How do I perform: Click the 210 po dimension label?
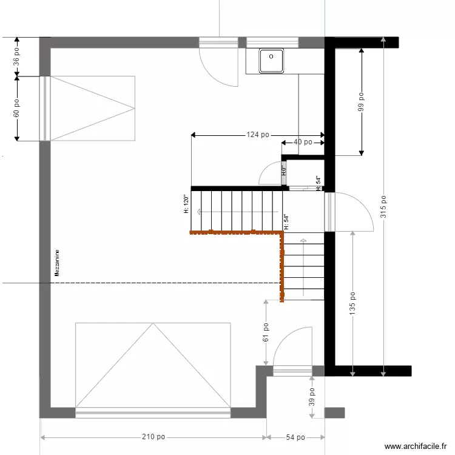click(153, 437)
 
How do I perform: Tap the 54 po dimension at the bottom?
click(295, 437)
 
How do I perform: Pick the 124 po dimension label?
click(258, 135)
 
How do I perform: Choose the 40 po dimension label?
click(302, 142)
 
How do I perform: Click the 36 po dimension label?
click(17, 56)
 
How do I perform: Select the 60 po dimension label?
click(17, 109)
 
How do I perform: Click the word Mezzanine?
click(57, 263)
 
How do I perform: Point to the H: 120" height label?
click(186, 204)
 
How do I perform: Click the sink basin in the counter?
click(272, 60)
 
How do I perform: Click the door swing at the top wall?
click(218, 67)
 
